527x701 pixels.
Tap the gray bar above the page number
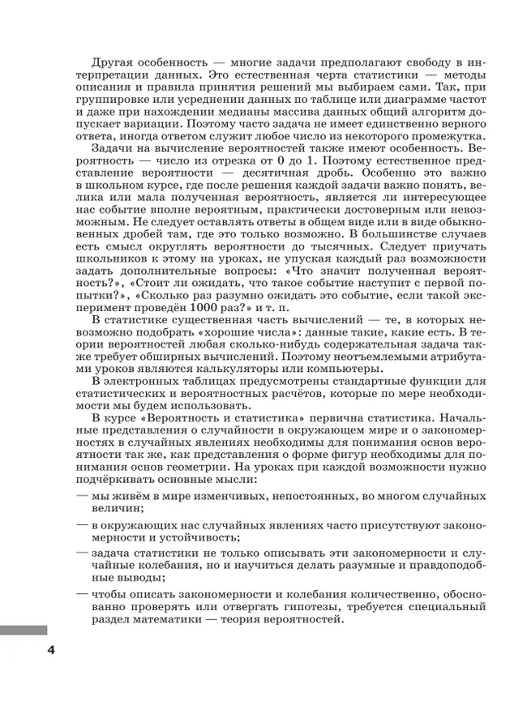(24, 630)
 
